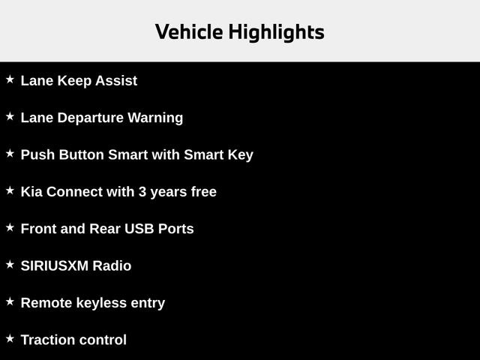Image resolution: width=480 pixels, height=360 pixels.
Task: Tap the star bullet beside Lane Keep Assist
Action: coord(10,79)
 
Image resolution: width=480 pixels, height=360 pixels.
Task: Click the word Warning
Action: coord(156,118)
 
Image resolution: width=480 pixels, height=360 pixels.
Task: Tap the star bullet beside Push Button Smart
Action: coord(10,153)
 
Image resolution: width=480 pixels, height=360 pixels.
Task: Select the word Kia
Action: coord(31,192)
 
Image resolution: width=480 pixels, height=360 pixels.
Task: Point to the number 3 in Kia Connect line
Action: coord(142,192)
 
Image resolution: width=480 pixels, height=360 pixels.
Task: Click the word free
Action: coord(203,192)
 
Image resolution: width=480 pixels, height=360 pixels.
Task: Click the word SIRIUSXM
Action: coord(55,266)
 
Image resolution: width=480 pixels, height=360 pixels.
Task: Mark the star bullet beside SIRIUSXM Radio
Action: coord(10,264)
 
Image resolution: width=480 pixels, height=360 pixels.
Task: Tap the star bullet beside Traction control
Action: coord(10,338)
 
